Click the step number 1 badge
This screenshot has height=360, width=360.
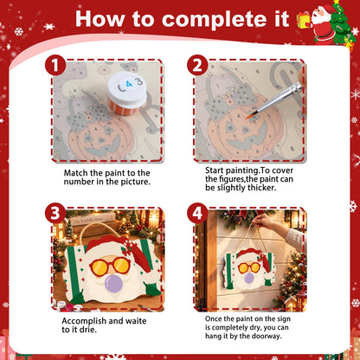(55, 65)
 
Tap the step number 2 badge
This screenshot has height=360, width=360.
(197, 65)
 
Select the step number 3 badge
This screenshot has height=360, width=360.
(55, 213)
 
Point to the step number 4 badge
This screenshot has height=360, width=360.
(197, 213)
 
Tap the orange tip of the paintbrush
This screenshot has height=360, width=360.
(248, 117)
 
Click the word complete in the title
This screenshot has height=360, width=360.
(225, 20)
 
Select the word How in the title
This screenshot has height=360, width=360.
(100, 19)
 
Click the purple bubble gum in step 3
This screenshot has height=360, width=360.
(114, 283)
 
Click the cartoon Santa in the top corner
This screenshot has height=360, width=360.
(324, 24)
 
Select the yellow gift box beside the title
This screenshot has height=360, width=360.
(304, 20)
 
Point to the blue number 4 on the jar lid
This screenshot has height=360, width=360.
(129, 84)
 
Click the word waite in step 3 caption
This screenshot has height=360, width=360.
(136, 321)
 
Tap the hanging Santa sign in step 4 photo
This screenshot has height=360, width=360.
(248, 269)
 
